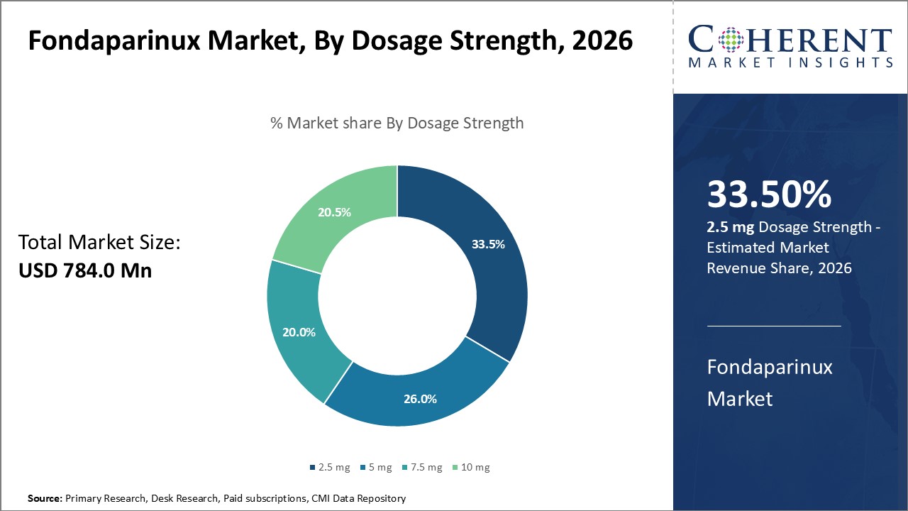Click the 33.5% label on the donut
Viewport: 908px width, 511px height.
click(488, 244)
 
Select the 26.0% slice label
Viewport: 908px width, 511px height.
click(420, 399)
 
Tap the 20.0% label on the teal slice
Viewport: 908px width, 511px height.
click(299, 331)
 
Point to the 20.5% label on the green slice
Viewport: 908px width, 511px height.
click(333, 211)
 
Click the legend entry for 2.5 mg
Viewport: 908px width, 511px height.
click(330, 467)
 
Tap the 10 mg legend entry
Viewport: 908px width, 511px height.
click(472, 467)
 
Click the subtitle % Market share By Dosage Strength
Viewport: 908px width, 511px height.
click(397, 123)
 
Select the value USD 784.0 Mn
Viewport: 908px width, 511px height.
click(84, 270)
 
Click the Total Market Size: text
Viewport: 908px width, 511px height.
click(99, 243)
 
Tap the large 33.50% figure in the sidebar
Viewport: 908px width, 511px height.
click(769, 194)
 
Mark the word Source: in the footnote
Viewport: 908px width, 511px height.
click(45, 499)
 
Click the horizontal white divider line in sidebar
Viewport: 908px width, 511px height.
click(774, 326)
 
